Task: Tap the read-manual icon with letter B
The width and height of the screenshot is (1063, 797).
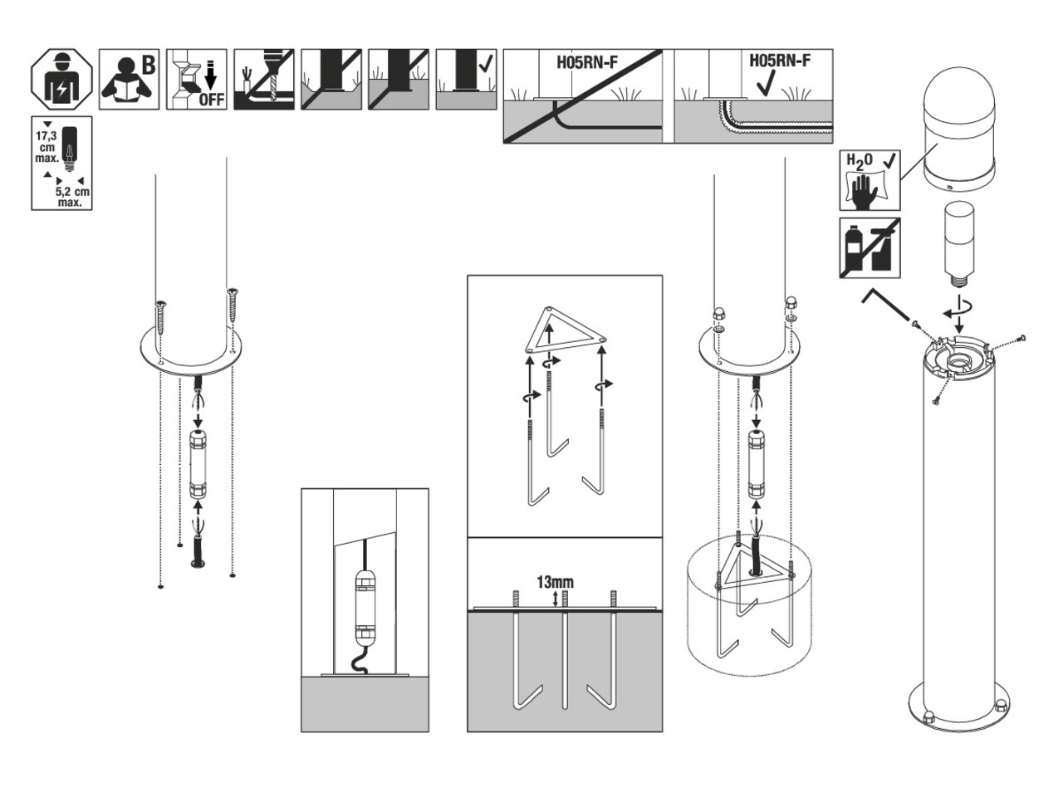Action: coord(130,81)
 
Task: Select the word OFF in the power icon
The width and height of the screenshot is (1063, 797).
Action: coord(210,100)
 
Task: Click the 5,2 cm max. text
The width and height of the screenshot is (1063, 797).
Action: coord(74,196)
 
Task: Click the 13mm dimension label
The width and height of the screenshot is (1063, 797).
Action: coord(555,582)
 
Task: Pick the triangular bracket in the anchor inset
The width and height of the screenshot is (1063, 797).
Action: coord(565,331)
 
